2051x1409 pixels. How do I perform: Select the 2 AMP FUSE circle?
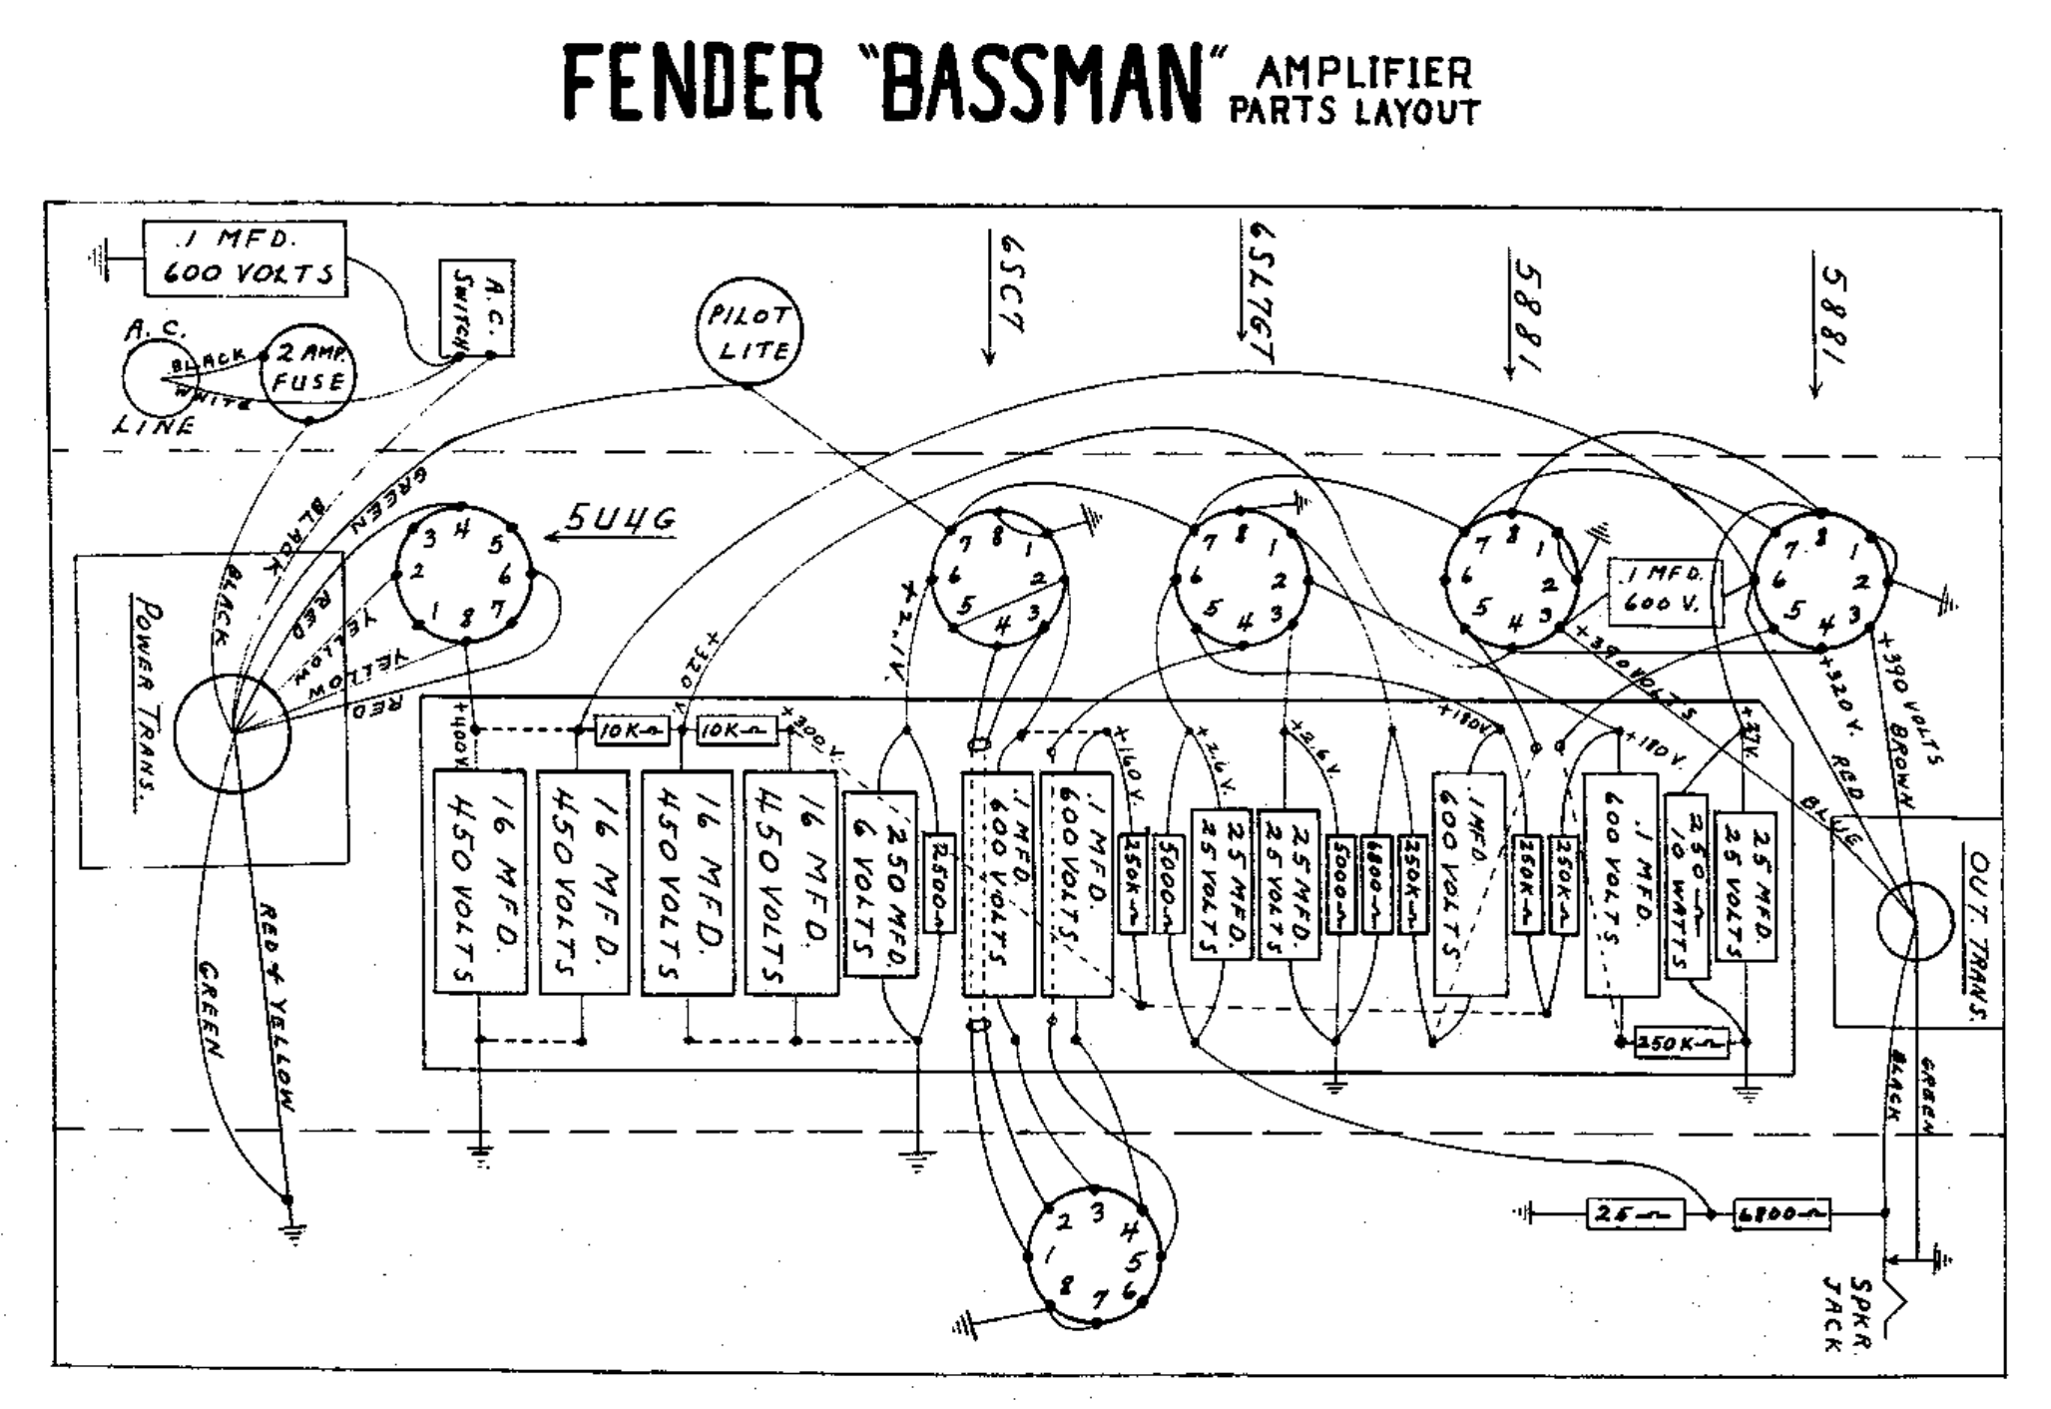click(308, 372)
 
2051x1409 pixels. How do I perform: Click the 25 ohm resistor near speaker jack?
click(1634, 1214)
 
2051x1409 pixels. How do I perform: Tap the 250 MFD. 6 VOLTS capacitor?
click(879, 883)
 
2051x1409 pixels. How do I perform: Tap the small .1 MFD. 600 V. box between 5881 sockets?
click(1665, 592)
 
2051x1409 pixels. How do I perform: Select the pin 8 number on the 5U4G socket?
click(466, 616)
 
